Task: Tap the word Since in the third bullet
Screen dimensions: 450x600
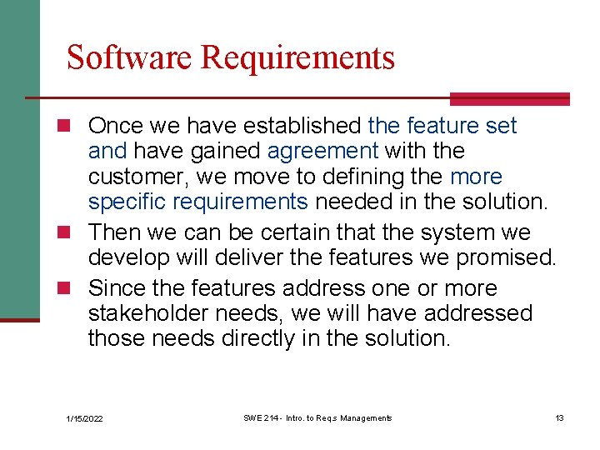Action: (114, 288)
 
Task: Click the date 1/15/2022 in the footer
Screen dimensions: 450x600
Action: (84, 418)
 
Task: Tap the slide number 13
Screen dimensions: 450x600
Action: (559, 417)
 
